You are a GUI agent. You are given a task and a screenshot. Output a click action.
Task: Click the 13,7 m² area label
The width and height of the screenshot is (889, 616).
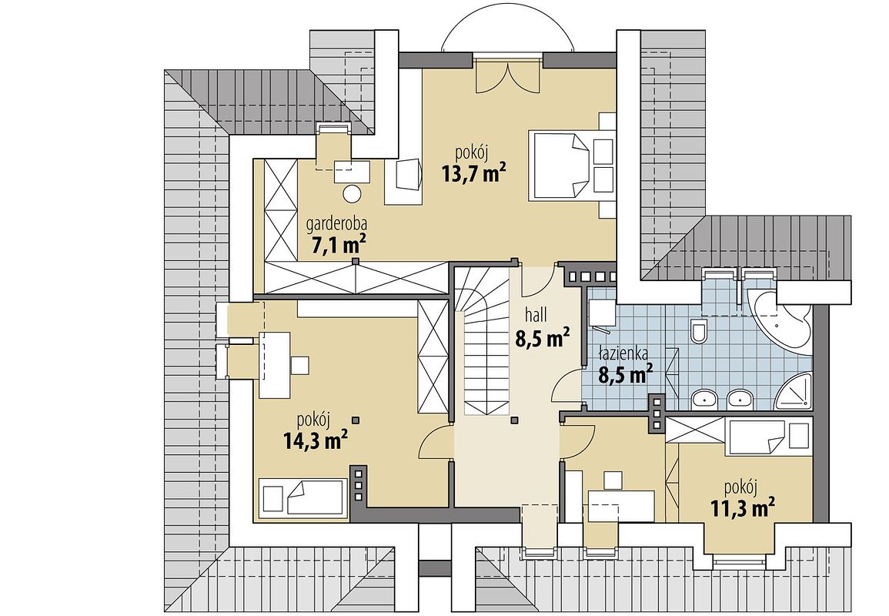coord(474,173)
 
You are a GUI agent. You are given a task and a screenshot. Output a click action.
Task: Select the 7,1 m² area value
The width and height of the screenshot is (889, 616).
coord(339,245)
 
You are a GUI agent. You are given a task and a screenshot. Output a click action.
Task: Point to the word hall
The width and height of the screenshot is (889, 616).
coord(536,316)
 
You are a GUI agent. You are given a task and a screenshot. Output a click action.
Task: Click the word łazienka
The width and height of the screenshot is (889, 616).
coord(624,354)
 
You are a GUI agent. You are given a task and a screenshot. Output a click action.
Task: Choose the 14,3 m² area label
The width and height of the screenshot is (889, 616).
coord(316,440)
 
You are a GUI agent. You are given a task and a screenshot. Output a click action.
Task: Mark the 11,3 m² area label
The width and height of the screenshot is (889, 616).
coord(743,507)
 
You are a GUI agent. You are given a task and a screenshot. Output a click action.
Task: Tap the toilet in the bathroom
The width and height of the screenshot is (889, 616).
coord(699,331)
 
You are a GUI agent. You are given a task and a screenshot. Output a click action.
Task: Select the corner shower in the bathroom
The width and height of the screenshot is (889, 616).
coord(794,390)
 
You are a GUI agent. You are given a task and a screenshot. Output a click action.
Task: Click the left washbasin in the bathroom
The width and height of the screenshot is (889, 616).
coord(704,399)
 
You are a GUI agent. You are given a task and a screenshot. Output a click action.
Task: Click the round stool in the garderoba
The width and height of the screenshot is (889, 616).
coord(352,194)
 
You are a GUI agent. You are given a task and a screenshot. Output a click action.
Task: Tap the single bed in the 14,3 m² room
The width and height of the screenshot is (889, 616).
coord(302,497)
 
